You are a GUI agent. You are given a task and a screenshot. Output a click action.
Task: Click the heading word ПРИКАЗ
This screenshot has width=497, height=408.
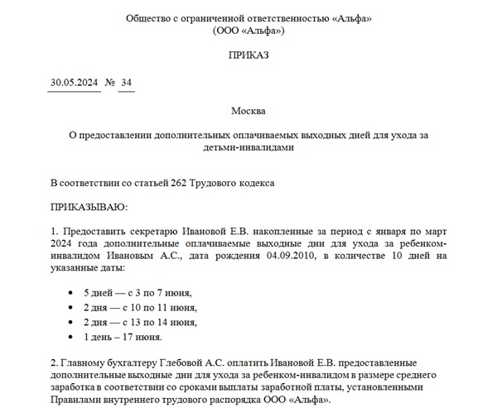(x=248, y=55)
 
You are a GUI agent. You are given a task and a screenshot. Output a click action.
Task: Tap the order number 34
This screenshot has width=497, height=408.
(x=127, y=83)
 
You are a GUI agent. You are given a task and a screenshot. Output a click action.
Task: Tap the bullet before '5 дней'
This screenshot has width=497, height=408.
(x=66, y=293)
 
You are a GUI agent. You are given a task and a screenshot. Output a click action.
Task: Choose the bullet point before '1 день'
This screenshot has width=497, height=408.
(x=66, y=338)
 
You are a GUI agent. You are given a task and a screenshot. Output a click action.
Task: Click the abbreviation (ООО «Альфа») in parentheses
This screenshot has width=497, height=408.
(x=248, y=31)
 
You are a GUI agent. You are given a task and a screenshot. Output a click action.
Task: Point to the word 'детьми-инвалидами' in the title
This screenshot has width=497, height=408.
(x=248, y=147)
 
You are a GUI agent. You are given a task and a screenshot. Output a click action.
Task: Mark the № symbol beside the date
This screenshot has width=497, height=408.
(x=109, y=83)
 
